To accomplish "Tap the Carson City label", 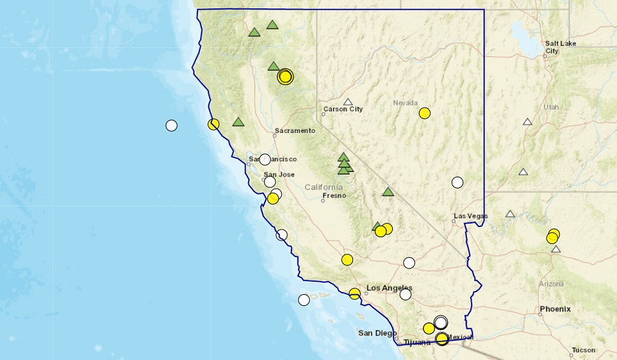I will tap(343, 109).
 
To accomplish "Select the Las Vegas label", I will tap(471, 216).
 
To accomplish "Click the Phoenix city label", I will tap(555, 309).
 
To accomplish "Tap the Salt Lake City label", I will tap(560, 47).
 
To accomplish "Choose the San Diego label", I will tap(377, 333).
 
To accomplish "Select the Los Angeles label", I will tap(389, 287).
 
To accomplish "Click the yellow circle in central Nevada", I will tap(424, 113).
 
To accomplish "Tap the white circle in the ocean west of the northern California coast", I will tap(171, 125).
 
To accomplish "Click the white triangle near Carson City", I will tap(348, 102).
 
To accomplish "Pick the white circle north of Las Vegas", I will tap(457, 182).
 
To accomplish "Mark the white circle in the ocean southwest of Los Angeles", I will tap(304, 300).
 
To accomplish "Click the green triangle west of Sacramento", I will tap(238, 122).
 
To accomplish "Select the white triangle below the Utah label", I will tap(527, 122).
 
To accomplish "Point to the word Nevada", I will tap(405, 103).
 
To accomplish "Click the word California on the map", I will tap(324, 187).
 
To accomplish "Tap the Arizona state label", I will tap(551, 283).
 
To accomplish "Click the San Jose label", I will tap(279, 174).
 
